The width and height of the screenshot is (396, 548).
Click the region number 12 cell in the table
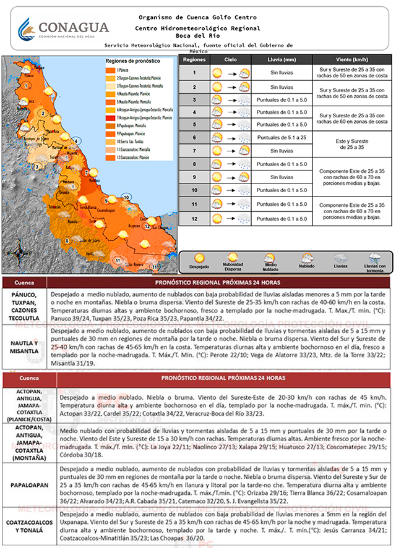click(194, 219)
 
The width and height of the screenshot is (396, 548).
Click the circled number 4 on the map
click(76, 141)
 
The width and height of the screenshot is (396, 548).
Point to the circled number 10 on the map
click(126, 197)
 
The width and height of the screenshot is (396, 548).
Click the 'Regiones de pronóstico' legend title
click(132, 61)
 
